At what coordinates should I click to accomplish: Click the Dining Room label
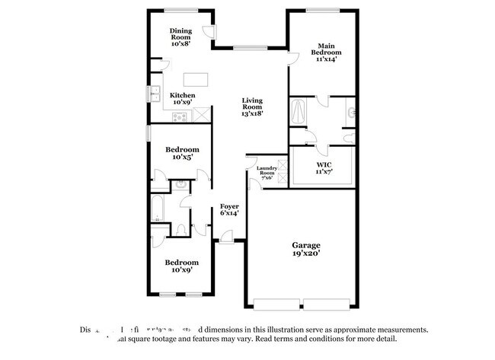point(180,37)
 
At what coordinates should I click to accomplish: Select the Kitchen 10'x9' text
point(182,98)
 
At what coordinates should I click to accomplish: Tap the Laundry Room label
point(266,172)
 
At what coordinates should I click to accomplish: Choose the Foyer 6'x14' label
point(229,209)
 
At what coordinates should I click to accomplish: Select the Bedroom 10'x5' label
point(183,153)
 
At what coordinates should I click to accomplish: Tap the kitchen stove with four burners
point(180,116)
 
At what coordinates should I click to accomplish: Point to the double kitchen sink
point(155,94)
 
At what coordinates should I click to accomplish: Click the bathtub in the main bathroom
point(298,113)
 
